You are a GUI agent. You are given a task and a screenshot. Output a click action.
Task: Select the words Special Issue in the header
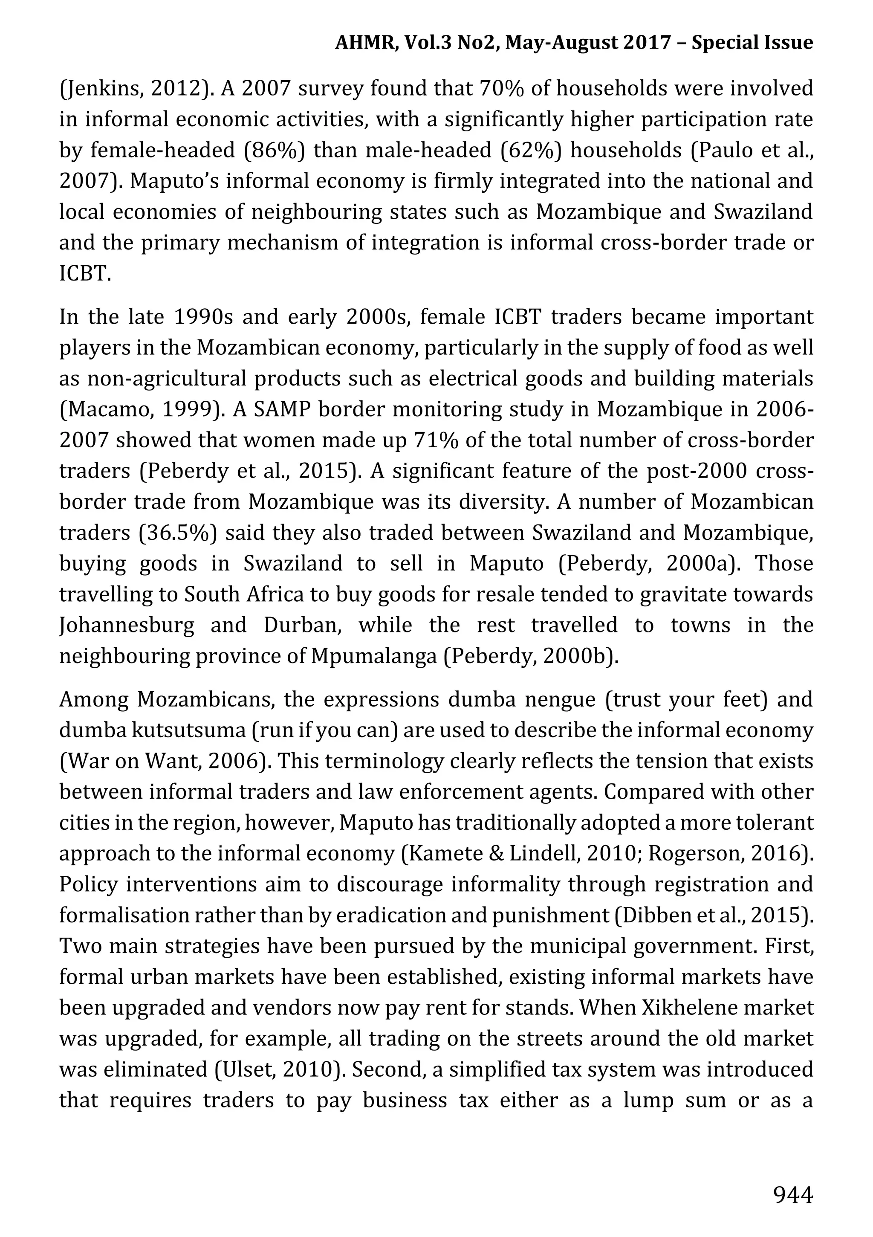click(x=752, y=42)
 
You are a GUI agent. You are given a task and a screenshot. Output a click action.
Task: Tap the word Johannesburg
click(x=127, y=626)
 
